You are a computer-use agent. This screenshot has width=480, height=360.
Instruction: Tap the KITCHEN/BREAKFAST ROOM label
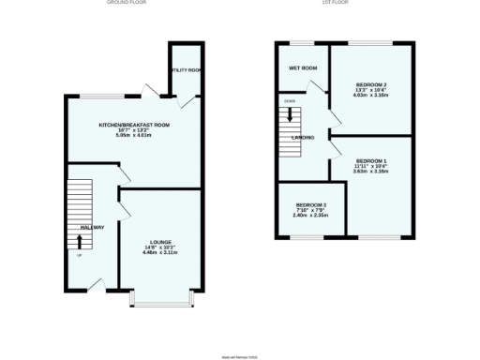(x=135, y=125)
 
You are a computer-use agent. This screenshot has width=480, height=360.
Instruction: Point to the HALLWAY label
(x=92, y=228)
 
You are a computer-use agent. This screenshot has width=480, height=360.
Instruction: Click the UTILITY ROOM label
(x=187, y=70)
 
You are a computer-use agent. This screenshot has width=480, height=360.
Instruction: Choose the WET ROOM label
(x=302, y=68)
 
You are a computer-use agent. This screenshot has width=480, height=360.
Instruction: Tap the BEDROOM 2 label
(x=371, y=84)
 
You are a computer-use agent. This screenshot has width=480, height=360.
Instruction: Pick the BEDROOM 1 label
(x=371, y=161)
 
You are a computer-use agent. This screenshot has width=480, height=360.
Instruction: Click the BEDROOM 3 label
(x=311, y=205)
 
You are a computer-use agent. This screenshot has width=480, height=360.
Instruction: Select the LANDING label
(x=302, y=139)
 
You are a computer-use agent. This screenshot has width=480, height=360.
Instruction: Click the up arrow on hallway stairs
(x=79, y=239)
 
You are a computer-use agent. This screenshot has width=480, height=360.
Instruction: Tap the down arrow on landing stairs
(x=290, y=116)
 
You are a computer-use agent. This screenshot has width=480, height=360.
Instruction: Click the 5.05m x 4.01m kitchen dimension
(x=135, y=135)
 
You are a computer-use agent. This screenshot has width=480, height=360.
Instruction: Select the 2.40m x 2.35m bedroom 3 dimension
(x=311, y=215)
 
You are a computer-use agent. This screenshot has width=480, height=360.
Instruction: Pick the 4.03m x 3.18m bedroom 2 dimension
(x=371, y=95)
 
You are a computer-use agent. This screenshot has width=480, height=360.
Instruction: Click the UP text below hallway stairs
(x=79, y=256)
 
